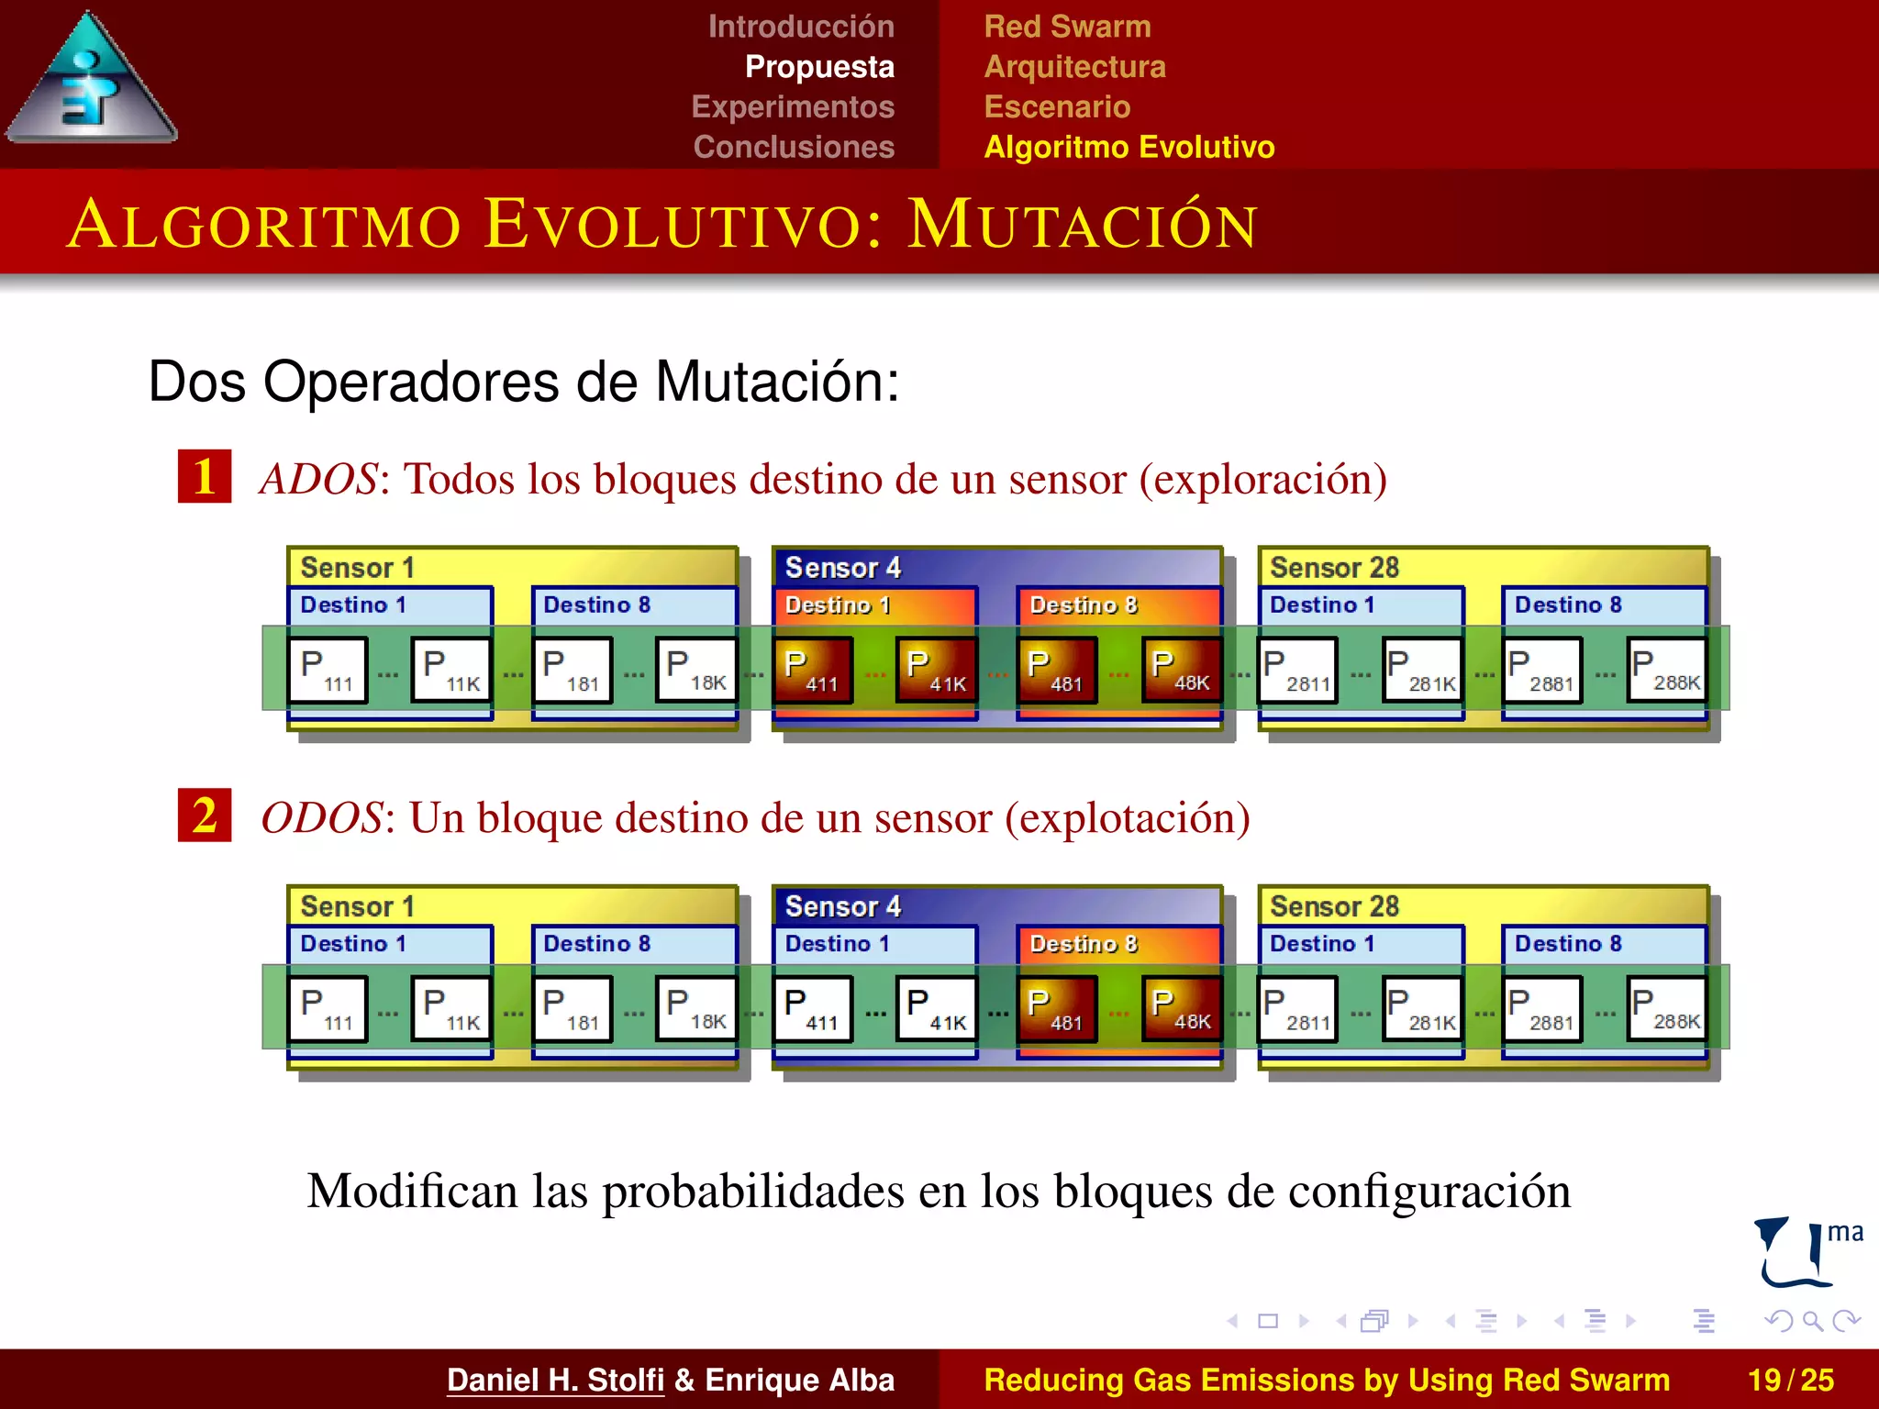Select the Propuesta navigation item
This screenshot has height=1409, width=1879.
(x=818, y=67)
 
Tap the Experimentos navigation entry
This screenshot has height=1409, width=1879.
(x=793, y=107)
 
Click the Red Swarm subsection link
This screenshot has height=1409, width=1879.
(x=1067, y=27)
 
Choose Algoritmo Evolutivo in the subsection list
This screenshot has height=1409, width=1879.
(x=1129, y=148)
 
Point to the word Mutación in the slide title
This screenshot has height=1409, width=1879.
(x=1083, y=225)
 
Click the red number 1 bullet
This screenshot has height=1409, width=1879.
(x=205, y=476)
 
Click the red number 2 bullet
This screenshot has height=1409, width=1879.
(x=205, y=815)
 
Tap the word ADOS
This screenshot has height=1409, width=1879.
(x=318, y=479)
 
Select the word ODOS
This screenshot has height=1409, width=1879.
(x=322, y=817)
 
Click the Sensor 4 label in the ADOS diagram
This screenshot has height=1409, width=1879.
(x=842, y=568)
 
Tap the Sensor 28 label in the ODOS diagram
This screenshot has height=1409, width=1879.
(x=1334, y=906)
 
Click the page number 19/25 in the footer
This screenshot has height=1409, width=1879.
(x=1790, y=1380)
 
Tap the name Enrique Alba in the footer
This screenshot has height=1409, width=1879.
(x=799, y=1380)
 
